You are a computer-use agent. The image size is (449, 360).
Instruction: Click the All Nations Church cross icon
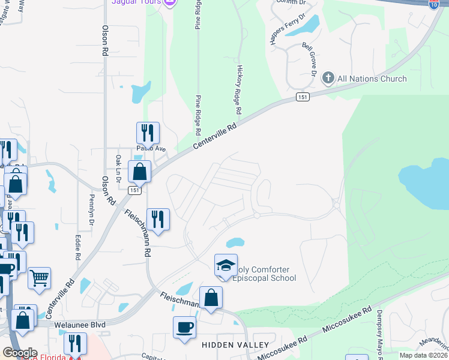[x=328, y=78]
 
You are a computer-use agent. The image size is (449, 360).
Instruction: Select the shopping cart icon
[x=39, y=278]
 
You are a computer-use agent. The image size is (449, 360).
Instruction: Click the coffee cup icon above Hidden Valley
[x=184, y=328]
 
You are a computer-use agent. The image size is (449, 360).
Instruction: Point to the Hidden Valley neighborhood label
[x=227, y=345]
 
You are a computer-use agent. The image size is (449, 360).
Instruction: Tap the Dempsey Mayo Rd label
[x=379, y=333]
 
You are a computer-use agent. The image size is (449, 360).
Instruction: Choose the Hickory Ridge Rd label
[x=238, y=89]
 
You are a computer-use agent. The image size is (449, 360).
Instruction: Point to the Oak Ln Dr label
[x=118, y=169]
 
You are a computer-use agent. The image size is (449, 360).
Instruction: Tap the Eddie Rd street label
[x=78, y=246]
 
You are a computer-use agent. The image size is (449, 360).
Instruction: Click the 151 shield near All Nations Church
[x=303, y=97]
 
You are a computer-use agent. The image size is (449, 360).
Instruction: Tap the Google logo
[x=20, y=353]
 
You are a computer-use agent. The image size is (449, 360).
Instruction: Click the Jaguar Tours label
[x=137, y=2]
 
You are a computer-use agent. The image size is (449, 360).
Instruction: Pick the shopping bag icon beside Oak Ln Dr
[x=139, y=172]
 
